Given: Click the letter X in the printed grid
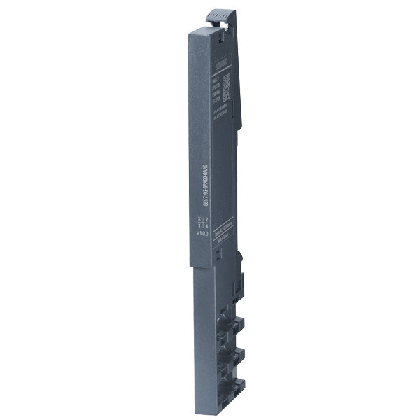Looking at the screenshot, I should (199, 219).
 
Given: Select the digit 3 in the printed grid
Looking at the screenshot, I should (199, 226).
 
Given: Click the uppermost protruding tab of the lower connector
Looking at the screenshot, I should (237, 324).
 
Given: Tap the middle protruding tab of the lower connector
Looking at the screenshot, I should (237, 354).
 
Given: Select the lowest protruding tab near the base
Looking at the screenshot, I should (237, 384).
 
